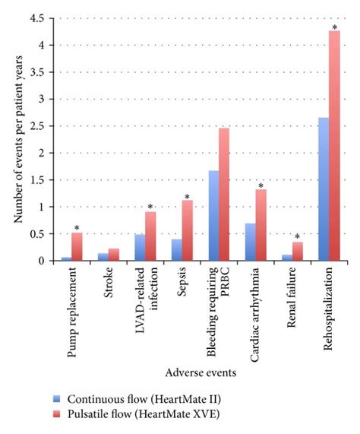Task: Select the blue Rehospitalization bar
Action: click(324, 189)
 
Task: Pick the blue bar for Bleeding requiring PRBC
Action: click(214, 216)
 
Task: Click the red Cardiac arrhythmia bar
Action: click(261, 225)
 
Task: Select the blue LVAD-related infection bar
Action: click(141, 248)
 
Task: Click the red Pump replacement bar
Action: click(77, 247)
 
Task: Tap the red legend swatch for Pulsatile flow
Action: click(56, 413)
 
